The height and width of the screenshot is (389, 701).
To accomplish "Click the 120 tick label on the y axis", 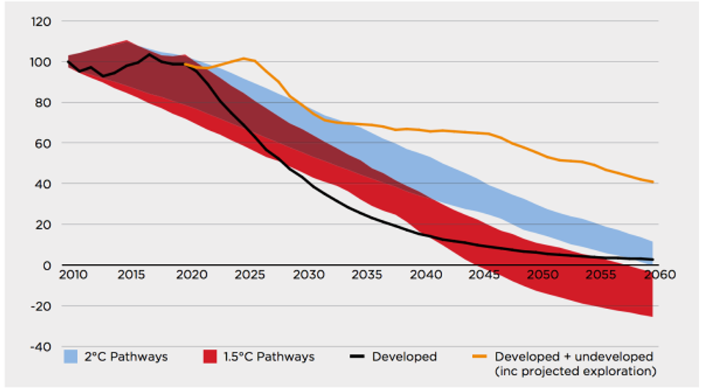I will tap(41, 21).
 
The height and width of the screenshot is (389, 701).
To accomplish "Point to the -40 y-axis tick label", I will tap(41, 347).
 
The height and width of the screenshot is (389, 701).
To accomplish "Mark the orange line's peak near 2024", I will tap(244, 58).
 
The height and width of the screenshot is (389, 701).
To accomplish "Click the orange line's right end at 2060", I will tap(652, 182).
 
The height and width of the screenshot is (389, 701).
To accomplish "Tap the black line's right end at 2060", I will tap(652, 260).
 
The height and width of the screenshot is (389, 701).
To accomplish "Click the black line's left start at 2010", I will tap(69, 62).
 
